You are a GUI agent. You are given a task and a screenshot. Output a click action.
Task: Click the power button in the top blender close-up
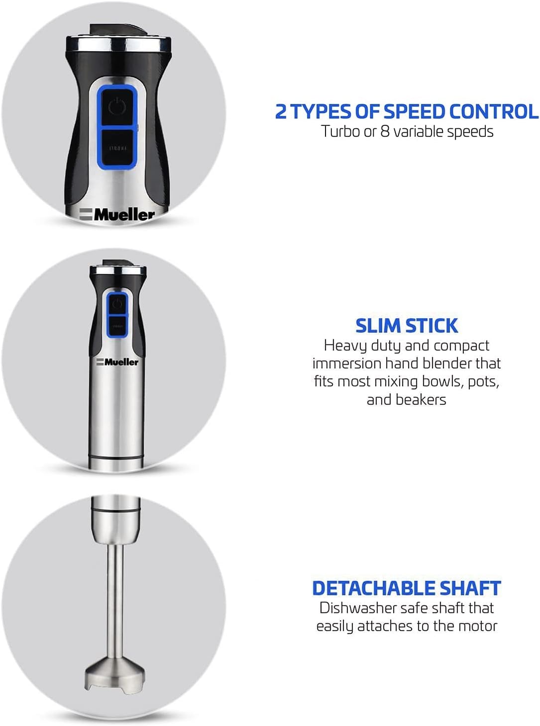[117, 106]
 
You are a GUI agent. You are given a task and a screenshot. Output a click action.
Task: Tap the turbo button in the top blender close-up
[117, 147]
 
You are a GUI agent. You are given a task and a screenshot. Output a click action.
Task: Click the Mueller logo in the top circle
[117, 215]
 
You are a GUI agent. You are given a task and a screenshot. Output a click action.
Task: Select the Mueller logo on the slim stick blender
[117, 362]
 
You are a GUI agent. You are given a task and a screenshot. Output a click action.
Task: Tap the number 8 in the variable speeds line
[385, 132]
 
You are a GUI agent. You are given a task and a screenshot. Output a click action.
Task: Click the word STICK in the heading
[432, 326]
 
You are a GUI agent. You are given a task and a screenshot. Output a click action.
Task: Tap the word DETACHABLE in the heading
[373, 588]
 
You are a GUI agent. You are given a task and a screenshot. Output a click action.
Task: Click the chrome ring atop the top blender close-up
[118, 44]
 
